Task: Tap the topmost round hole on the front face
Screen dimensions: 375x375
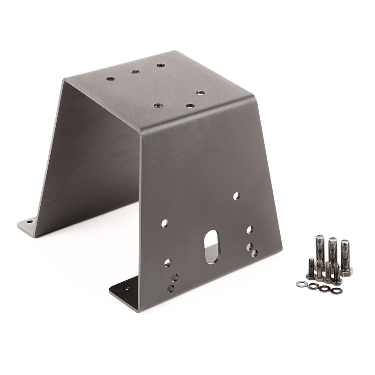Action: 236,196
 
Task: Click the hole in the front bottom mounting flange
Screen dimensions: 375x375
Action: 126,288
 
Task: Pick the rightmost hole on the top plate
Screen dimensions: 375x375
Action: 200,93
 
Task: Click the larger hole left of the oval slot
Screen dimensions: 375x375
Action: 165,224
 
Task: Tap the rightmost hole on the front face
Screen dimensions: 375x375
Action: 254,253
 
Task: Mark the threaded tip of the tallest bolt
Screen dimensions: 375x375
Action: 332,240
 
